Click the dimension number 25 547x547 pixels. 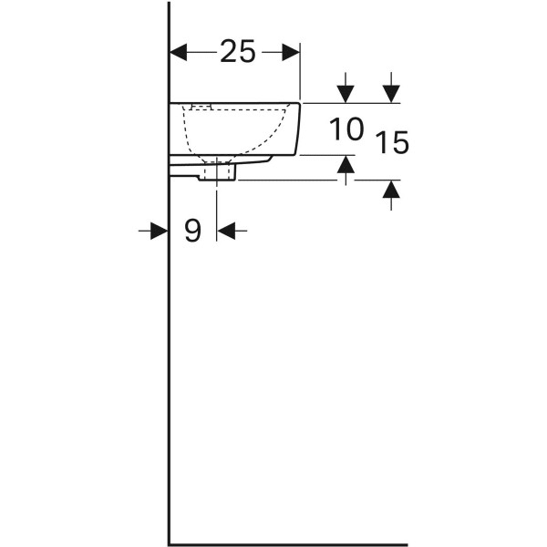[x=238, y=52]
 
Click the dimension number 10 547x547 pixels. [x=346, y=129]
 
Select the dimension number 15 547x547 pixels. [x=392, y=142]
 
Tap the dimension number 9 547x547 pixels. [x=193, y=231]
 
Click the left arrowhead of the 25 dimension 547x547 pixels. [x=178, y=52]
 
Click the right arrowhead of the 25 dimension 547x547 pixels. [x=291, y=52]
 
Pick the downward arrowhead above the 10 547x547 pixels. [x=346, y=94]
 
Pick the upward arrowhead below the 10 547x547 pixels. [x=346, y=164]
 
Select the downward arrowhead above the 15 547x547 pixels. [x=391, y=94]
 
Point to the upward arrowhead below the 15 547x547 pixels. [x=391, y=190]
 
